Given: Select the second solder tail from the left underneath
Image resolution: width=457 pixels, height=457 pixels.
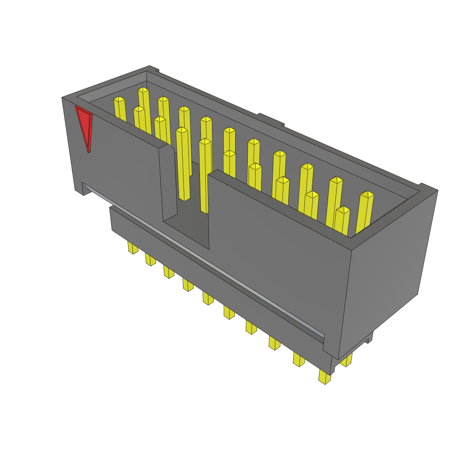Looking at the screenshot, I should [150, 259].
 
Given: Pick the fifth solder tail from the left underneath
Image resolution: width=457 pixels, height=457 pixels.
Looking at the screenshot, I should [208, 298].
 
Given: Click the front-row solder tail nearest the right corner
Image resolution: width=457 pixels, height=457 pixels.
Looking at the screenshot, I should [325, 377].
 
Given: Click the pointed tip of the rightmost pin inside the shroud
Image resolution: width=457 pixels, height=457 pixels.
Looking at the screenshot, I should [367, 194].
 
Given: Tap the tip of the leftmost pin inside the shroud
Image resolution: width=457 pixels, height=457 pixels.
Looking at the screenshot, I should [119, 99].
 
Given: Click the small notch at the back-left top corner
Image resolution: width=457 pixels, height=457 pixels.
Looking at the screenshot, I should [154, 69].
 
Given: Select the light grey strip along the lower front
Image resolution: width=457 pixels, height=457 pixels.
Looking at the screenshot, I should [201, 259].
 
